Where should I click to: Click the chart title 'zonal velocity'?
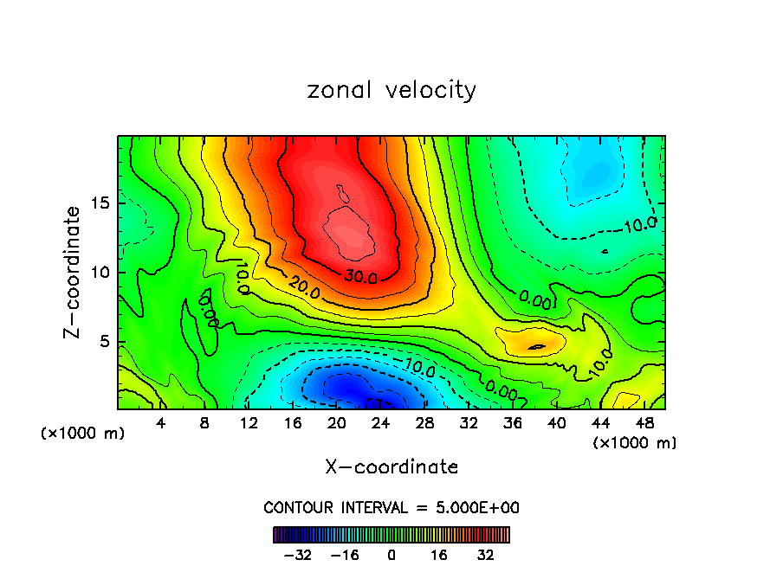(x=391, y=90)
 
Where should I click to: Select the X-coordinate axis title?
(x=391, y=467)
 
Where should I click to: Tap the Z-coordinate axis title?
(x=74, y=272)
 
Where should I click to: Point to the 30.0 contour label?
(x=359, y=278)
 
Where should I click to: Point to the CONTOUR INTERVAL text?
(x=391, y=507)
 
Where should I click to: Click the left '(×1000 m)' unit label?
(x=83, y=433)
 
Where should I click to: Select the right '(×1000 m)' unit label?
(x=635, y=442)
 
